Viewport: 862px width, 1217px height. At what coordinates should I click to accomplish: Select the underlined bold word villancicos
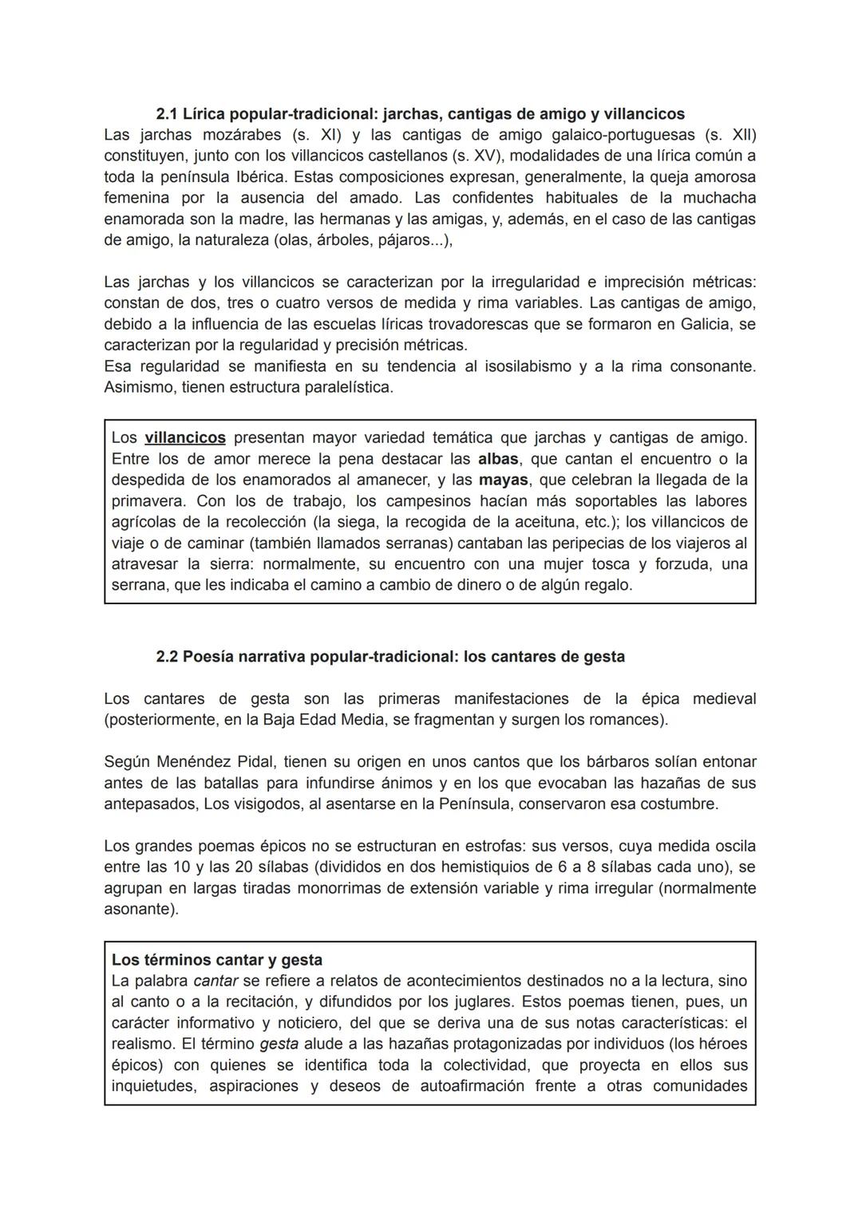(x=185, y=438)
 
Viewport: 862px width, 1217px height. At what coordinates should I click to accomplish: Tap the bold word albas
(x=499, y=459)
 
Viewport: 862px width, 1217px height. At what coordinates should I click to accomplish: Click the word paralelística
(x=350, y=388)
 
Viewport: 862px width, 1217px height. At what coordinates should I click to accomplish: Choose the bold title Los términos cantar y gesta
(x=217, y=960)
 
